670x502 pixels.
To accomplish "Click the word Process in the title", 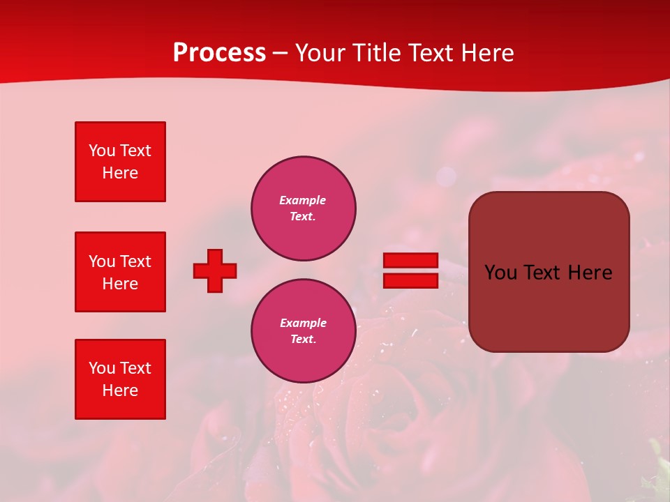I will point(219,53).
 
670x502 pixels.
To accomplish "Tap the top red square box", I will point(120,162).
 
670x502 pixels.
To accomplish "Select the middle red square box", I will point(120,272).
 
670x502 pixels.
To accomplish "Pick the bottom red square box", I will point(120,379).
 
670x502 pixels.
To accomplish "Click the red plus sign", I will point(215,271).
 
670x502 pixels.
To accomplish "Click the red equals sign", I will point(410,271).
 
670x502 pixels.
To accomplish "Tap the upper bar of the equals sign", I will point(410,260).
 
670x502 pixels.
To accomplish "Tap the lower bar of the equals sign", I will point(410,281).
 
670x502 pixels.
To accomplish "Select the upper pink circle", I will point(303,208).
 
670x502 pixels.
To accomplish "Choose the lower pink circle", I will point(303,331).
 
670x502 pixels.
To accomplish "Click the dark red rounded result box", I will point(549,272).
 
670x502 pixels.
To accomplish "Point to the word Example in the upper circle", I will point(303,201).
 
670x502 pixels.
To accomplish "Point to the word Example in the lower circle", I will point(303,324).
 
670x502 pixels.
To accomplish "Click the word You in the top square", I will point(101,151).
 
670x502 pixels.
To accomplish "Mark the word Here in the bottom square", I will point(120,391).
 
